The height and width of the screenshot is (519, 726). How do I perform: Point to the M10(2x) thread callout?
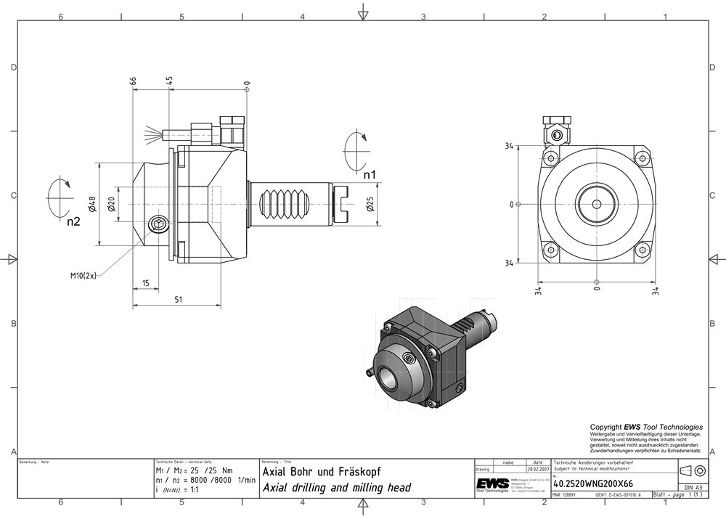click(83, 276)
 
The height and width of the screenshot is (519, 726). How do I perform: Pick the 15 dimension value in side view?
click(145, 282)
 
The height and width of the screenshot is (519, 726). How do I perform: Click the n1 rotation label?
click(370, 174)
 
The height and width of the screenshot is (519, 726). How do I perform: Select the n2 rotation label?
click(73, 221)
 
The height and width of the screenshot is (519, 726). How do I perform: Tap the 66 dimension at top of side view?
click(134, 81)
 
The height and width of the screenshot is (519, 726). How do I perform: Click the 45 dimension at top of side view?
click(169, 81)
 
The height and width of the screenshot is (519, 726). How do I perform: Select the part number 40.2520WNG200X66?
click(592, 483)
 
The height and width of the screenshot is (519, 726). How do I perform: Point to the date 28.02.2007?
click(537, 470)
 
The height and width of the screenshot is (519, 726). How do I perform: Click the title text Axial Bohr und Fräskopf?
click(321, 472)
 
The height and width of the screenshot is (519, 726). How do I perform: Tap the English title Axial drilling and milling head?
click(336, 488)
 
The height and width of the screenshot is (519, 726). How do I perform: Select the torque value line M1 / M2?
click(195, 470)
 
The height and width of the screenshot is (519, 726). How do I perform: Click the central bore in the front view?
click(595, 204)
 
